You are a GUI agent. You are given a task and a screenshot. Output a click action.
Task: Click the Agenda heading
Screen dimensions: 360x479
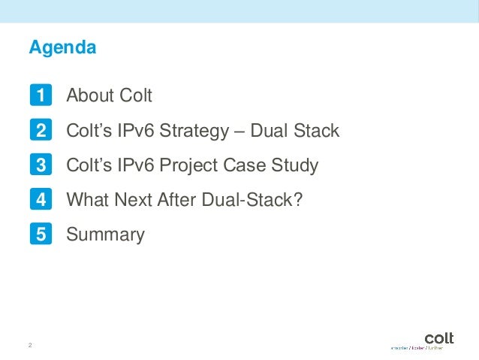62,48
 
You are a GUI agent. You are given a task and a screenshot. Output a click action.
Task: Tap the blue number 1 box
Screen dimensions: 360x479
41,96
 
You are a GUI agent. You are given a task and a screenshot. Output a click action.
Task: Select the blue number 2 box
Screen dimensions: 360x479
41,131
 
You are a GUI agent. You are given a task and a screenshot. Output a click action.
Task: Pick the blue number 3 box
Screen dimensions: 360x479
41,165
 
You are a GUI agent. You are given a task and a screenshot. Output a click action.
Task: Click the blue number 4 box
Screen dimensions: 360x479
41,200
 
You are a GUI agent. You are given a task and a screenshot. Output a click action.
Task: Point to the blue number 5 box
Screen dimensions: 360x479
41,234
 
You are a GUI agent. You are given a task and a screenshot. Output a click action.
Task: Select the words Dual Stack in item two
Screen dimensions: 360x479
295,131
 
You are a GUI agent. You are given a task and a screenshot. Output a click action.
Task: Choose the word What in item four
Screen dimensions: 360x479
86,200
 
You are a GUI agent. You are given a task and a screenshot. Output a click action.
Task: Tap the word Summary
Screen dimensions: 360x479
105,234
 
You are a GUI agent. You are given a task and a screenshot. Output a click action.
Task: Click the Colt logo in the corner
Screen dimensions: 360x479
438,337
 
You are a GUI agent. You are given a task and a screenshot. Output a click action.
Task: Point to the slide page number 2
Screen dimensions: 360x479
30,345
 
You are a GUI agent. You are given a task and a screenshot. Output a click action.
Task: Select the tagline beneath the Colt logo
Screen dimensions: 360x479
417,348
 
